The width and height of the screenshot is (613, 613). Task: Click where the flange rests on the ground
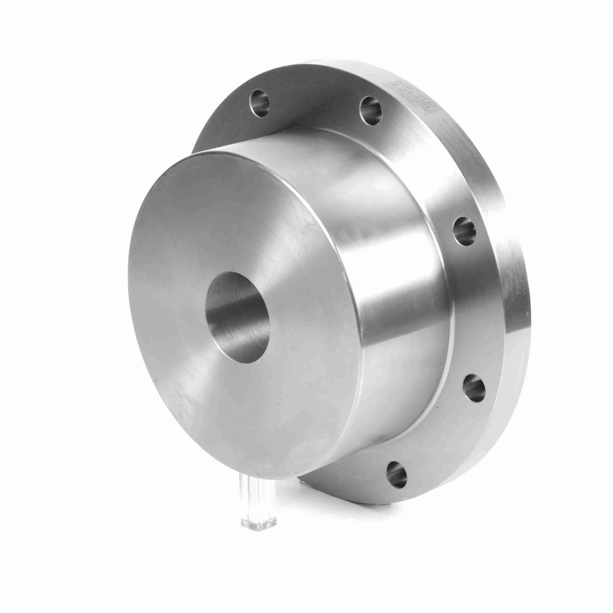(358, 503)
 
